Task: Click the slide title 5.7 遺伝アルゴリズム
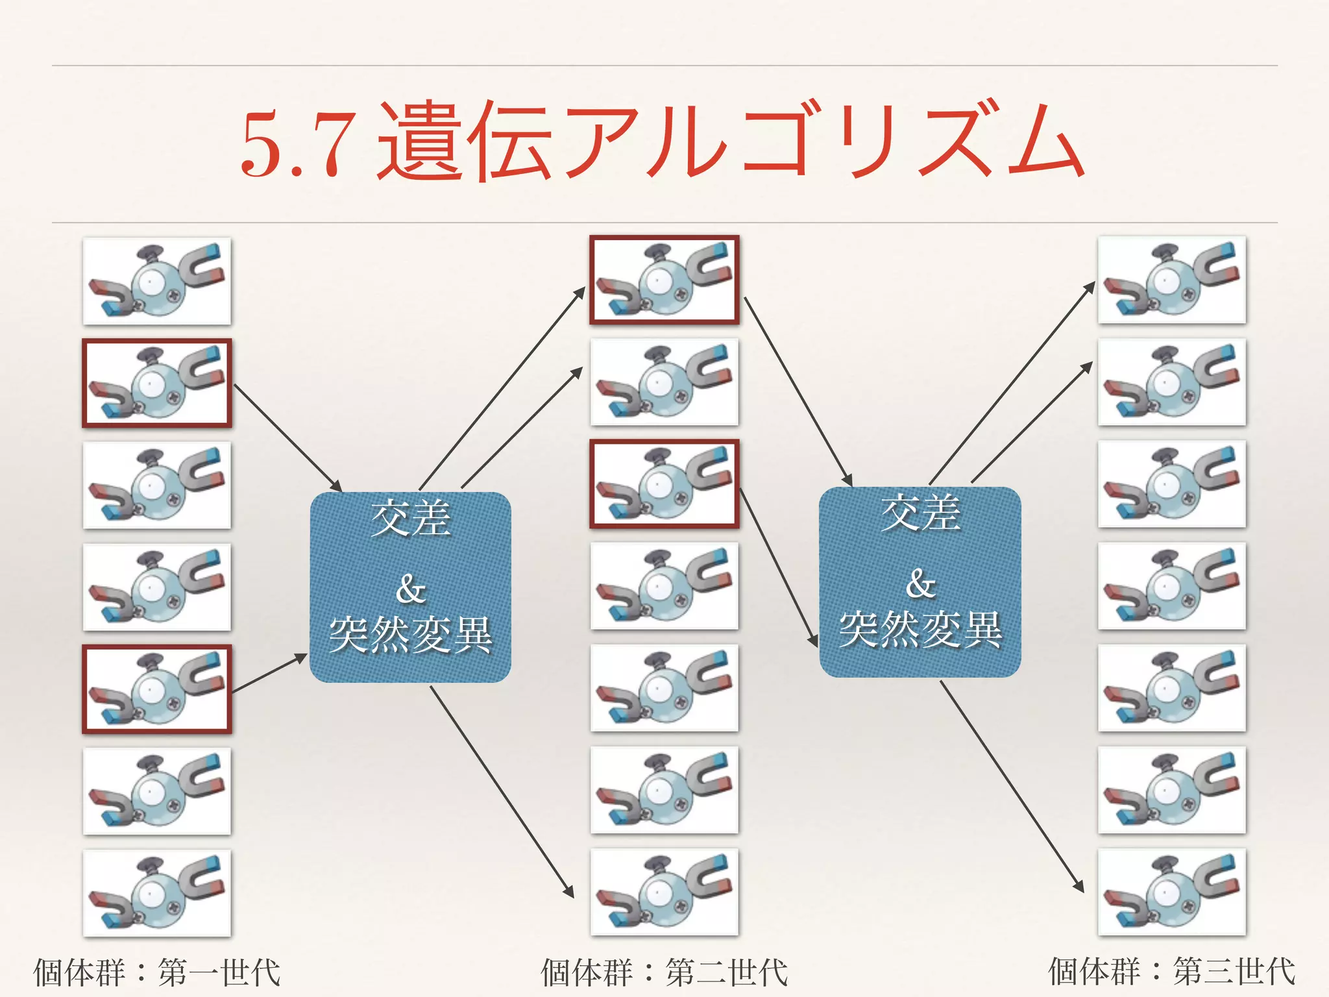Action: [662, 142]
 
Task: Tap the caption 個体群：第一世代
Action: [157, 972]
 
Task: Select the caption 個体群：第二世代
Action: [664, 972]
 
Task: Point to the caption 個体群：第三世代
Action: [1171, 972]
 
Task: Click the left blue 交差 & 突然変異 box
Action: [410, 587]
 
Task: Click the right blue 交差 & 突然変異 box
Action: [920, 582]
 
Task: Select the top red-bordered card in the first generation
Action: [157, 383]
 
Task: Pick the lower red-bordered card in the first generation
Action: [157, 689]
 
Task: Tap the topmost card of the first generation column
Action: [157, 281]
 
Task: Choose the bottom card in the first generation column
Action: [157, 893]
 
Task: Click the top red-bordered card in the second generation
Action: [664, 280]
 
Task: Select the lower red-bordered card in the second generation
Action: [664, 484]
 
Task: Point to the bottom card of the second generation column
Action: [664, 892]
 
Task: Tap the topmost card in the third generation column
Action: [1171, 280]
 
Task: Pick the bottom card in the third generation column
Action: [1171, 892]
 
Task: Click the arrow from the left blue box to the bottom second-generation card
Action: [502, 791]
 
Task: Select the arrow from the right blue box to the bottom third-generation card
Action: [1012, 786]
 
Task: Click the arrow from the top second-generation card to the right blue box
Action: [798, 391]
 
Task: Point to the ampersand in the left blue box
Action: [410, 589]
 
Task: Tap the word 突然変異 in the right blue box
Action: [920, 630]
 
